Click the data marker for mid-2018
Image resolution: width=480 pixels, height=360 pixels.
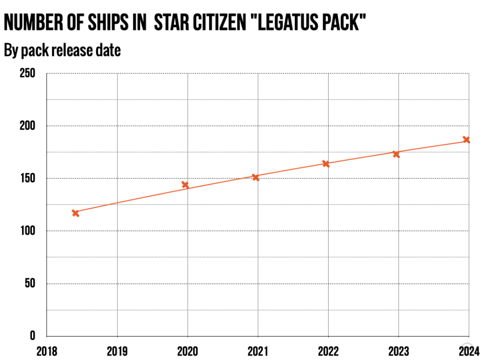75,213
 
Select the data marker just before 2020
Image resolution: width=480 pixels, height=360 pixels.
185,185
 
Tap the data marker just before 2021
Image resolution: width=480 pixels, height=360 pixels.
256,177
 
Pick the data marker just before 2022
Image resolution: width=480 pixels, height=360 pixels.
326,164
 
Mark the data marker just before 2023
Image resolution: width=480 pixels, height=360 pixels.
396,154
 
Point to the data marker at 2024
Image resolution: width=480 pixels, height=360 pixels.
466,140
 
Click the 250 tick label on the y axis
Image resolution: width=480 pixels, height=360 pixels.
27,73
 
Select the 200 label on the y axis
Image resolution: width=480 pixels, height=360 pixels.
27,126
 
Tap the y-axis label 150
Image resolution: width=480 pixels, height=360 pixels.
27,178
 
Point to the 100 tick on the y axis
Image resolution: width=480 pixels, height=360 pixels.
27,231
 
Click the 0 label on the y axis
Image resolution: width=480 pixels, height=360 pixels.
33,336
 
